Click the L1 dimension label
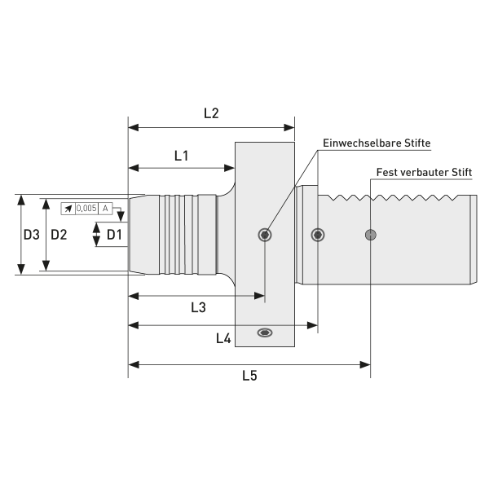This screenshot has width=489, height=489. (x=181, y=155)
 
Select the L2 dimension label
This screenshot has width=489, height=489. (x=210, y=114)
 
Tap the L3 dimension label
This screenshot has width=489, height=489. (x=197, y=307)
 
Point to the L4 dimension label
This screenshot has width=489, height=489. (x=222, y=337)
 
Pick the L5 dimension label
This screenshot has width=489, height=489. (x=250, y=376)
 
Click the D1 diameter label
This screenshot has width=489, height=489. (x=115, y=235)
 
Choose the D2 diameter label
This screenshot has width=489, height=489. (x=59, y=235)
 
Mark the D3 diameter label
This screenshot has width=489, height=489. (x=31, y=235)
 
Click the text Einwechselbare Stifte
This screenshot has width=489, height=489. (x=377, y=143)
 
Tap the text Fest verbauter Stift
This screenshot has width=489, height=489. (x=424, y=173)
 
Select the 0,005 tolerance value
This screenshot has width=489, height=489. (x=86, y=209)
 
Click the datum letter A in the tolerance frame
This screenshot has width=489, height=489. (x=105, y=209)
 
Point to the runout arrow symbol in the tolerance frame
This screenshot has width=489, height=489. (x=68, y=209)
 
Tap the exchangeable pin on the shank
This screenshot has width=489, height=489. (x=318, y=235)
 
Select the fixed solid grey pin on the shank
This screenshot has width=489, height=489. (x=371, y=235)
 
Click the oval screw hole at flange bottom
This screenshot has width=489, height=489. (x=265, y=333)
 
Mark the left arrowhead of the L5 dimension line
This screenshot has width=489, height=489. (x=133, y=364)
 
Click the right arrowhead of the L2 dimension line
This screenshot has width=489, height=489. (x=289, y=127)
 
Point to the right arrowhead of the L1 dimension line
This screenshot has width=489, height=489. (x=231, y=168)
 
